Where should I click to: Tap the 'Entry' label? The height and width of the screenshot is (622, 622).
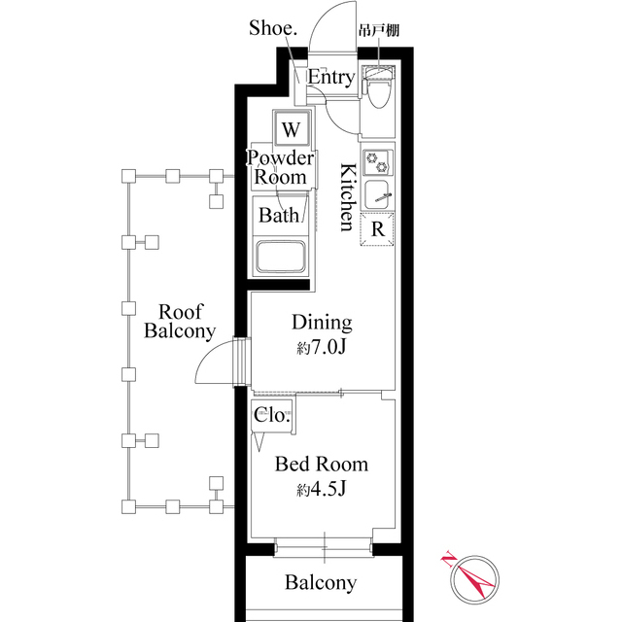tap(331, 78)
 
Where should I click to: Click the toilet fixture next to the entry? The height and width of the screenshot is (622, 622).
tap(379, 90)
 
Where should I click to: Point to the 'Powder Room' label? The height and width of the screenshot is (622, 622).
tap(281, 167)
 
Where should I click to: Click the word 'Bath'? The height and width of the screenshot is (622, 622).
tap(278, 215)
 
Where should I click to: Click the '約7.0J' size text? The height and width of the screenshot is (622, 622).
tap(322, 348)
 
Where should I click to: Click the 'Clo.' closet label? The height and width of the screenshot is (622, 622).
tap(271, 415)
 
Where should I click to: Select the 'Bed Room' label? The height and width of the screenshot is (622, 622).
tap(322, 465)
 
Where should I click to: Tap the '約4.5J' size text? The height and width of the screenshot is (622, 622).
tap(322, 489)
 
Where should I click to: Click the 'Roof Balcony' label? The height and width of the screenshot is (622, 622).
tap(179, 321)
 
